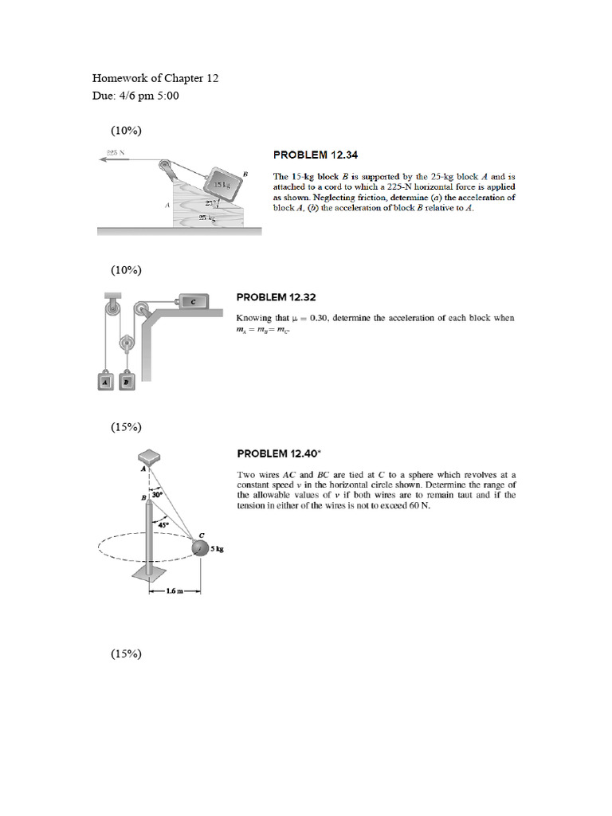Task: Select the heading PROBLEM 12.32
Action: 277,297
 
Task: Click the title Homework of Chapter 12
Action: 155,78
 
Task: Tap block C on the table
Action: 192,301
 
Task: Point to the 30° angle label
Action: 157,495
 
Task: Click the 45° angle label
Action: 163,524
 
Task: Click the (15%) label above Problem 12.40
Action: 126,426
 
